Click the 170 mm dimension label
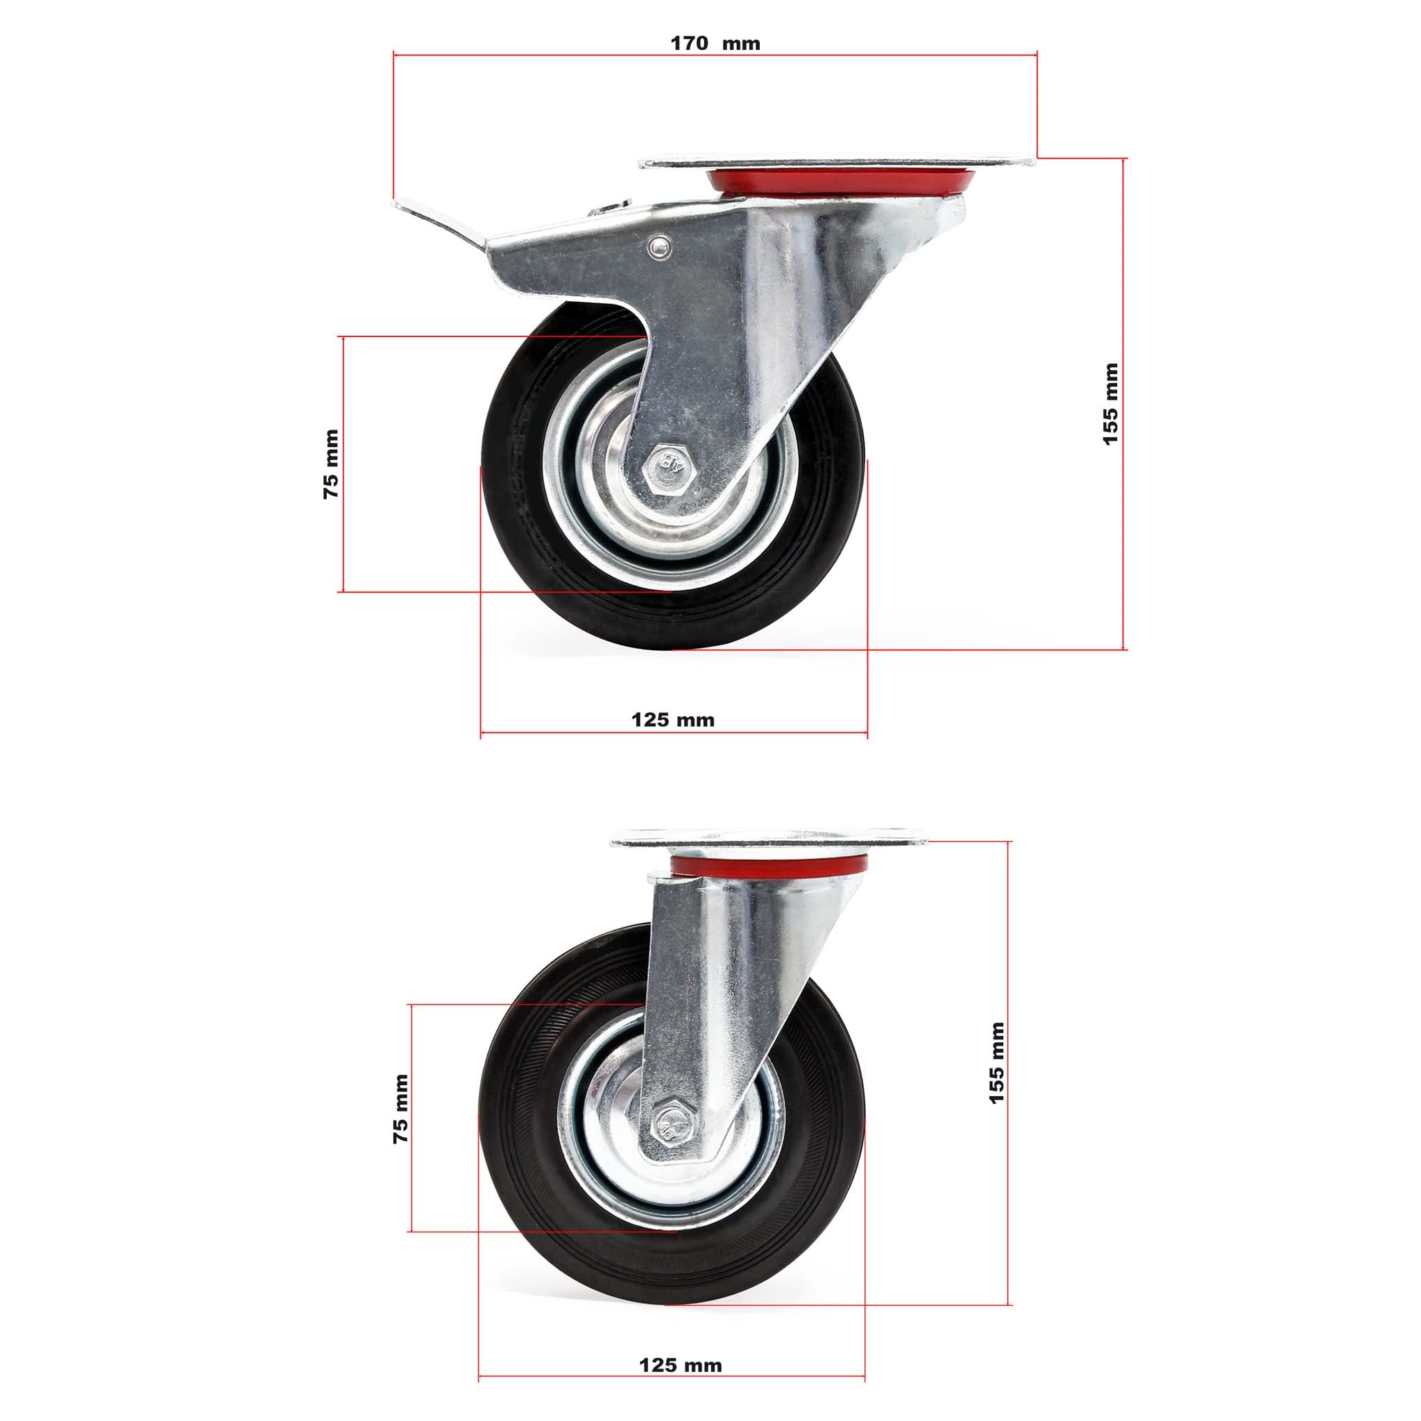(x=715, y=44)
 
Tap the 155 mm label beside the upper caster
(x=1110, y=404)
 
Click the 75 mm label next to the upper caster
(x=331, y=465)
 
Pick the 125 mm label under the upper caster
(x=672, y=720)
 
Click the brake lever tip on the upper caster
(x=403, y=205)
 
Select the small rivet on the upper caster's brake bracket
(x=658, y=247)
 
